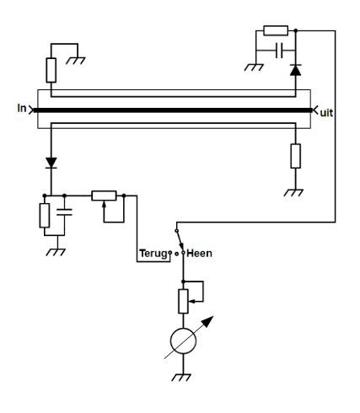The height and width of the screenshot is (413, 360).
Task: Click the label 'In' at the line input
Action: [x=22, y=108]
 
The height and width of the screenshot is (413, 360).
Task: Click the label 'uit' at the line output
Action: [x=326, y=113]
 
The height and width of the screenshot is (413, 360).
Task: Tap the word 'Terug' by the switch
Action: [x=153, y=254]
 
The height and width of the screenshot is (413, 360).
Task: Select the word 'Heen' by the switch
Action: [x=199, y=254]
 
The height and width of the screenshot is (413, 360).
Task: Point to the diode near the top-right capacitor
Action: [x=295, y=70]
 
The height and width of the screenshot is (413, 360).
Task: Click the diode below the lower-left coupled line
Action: [x=51, y=163]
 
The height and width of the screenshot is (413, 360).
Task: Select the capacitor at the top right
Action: [x=279, y=51]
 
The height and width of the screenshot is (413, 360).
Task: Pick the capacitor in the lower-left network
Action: [x=64, y=212]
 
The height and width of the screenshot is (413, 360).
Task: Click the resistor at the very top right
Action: [x=276, y=30]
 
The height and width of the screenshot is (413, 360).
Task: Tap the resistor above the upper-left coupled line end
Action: [x=51, y=70]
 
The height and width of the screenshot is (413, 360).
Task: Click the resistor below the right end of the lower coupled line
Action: [x=295, y=156]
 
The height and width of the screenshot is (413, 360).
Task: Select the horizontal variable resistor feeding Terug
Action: [x=104, y=196]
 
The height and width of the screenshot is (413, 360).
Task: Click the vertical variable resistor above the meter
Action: [x=183, y=301]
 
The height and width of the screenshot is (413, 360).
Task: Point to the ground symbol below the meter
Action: [x=181, y=378]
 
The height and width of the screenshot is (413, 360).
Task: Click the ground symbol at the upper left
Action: [x=76, y=61]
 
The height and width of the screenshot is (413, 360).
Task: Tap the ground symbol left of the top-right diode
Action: [x=254, y=67]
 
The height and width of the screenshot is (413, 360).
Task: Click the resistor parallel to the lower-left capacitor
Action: [x=45, y=216]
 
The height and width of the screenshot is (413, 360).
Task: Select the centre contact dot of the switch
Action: [x=176, y=254]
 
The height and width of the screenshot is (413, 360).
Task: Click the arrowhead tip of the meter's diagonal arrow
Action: [x=213, y=316]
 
